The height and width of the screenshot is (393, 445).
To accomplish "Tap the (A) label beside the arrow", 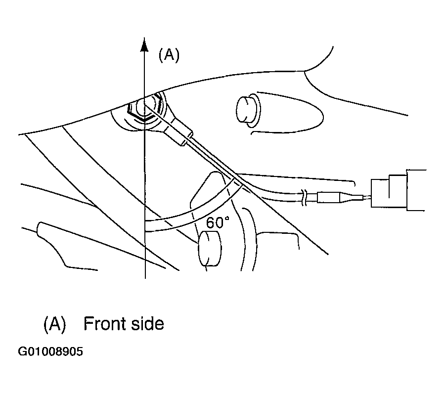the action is click(169, 55).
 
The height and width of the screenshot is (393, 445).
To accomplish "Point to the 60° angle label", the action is click(218, 222).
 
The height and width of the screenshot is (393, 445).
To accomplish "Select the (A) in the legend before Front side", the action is click(54, 324).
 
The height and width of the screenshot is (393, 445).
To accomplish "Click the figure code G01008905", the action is click(50, 351).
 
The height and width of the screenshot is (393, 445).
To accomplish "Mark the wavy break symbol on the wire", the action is click(304, 198).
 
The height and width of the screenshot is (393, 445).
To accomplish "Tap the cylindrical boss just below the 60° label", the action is click(210, 249).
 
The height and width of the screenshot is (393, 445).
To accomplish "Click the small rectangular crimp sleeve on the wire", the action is click(329, 197).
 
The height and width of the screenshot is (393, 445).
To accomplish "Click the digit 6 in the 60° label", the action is click(210, 223).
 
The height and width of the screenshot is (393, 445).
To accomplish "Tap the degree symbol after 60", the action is click(227, 218).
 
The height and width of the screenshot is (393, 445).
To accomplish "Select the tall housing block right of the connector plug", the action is click(416, 190).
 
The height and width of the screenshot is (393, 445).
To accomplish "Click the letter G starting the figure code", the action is click(22, 351).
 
